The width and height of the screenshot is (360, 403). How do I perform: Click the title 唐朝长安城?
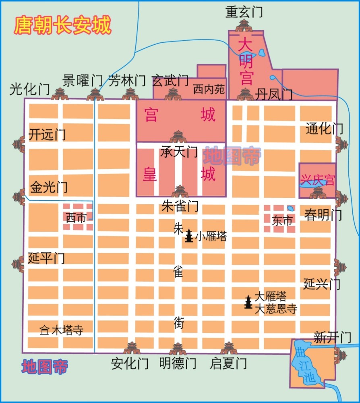[62, 25]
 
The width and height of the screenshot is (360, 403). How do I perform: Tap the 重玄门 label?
[244, 12]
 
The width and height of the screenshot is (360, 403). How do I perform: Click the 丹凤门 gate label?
[273, 95]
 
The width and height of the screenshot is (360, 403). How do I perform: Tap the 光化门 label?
[29, 89]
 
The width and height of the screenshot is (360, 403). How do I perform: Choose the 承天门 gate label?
[179, 152]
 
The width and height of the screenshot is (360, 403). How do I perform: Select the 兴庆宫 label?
[317, 180]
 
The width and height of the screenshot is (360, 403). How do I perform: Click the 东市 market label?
[282, 220]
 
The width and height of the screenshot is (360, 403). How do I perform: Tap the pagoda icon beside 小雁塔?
[189, 236]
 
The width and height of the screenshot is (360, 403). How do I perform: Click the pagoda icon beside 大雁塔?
[248, 301]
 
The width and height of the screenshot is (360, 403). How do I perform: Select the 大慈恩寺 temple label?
[276, 309]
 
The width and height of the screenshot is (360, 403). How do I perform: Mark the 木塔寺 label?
[67, 330]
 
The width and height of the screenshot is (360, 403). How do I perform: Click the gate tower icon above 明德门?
[178, 349]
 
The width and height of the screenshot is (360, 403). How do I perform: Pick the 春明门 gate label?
[323, 215]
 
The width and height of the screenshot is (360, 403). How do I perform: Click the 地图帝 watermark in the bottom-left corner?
[45, 367]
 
